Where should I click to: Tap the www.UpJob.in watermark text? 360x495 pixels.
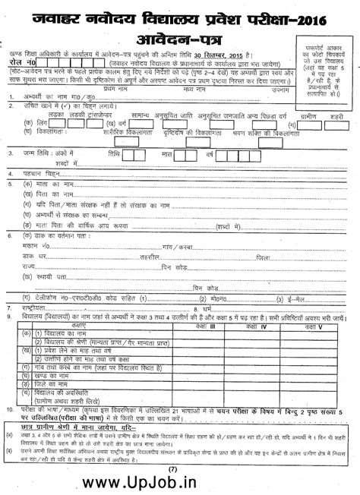(x=178, y=482)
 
